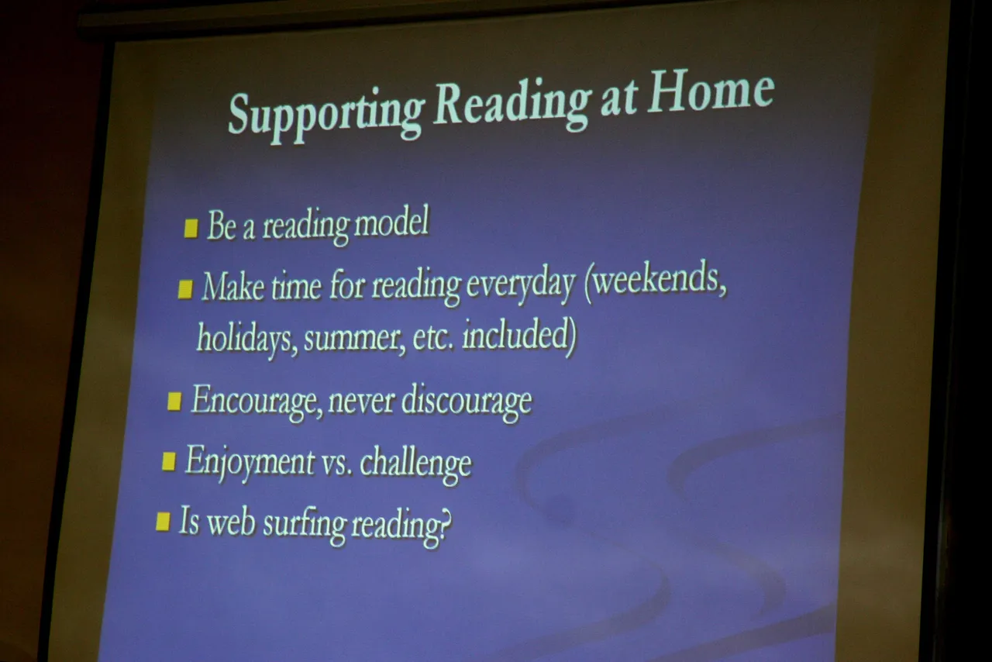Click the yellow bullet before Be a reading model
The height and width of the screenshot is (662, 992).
191,228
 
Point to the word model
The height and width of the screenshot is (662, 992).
391,222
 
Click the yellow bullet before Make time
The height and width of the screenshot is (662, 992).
185,289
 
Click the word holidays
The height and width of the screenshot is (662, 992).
247,339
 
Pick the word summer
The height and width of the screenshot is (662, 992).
355,339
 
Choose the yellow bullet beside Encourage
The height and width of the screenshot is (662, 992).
174,402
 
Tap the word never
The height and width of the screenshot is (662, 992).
361,401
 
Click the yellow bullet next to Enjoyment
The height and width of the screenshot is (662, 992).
169,461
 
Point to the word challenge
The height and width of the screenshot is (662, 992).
416,464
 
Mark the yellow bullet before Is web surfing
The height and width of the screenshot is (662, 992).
163,522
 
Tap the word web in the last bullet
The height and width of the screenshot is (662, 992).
231,522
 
